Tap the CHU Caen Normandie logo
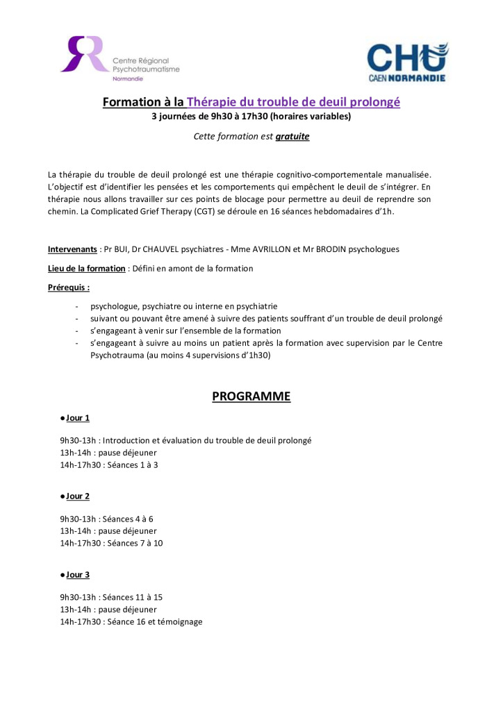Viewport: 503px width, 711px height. click(x=407, y=62)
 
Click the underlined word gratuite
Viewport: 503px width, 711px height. click(x=292, y=136)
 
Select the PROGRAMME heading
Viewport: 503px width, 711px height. click(x=251, y=396)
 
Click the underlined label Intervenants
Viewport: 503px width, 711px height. click(x=72, y=249)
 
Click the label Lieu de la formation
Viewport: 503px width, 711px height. click(x=87, y=268)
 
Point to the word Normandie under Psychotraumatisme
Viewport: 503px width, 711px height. click(x=129, y=78)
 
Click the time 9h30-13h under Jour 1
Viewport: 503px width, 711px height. click(x=78, y=440)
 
